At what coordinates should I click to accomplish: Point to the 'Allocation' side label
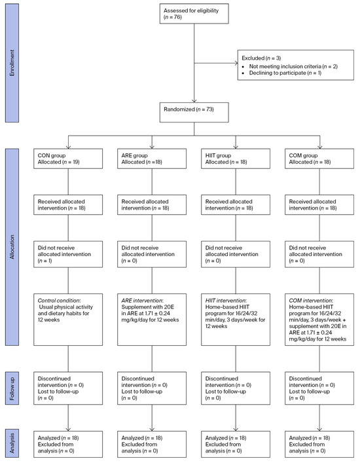tap(10, 250)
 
